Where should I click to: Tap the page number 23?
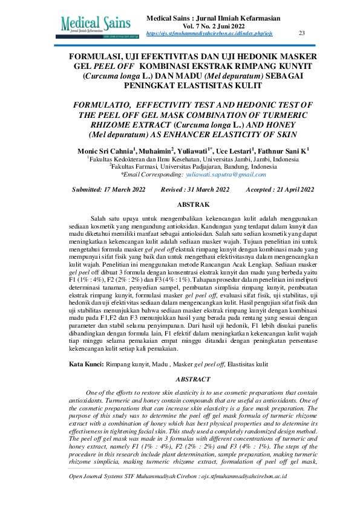tap(302, 33)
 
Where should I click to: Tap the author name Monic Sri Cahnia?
tap(105, 150)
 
